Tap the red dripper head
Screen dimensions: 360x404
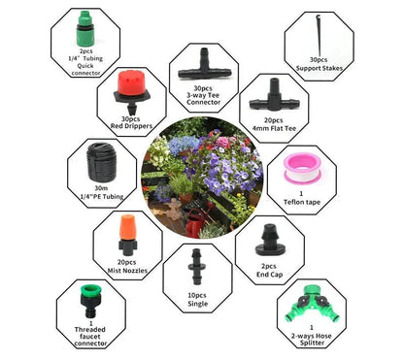pyautogui.click(x=132, y=87)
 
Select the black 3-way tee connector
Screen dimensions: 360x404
pyautogui.click(x=203, y=64)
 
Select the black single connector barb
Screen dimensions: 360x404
pyautogui.click(x=196, y=265)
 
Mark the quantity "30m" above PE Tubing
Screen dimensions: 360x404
pyautogui.click(x=102, y=190)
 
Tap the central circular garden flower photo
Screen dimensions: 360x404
pyautogui.click(x=201, y=179)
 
